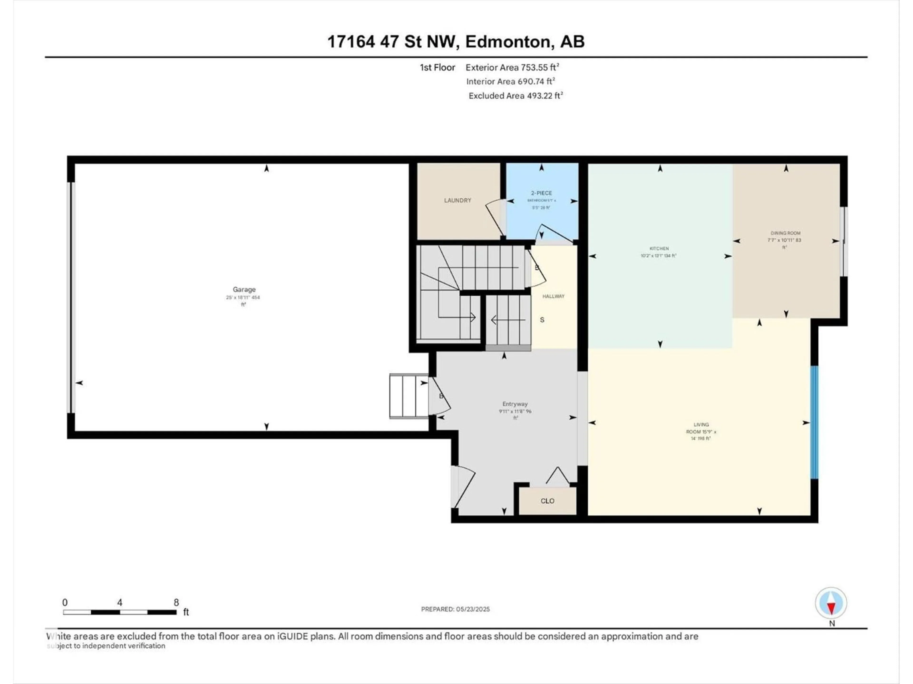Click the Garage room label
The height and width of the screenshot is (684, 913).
244,290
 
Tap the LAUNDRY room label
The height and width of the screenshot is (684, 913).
457,200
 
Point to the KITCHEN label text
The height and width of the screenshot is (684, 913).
659,249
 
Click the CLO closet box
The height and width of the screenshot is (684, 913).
547,501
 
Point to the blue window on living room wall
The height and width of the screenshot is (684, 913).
814,422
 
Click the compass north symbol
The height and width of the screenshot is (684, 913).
831,603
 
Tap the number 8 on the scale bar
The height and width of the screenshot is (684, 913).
176,602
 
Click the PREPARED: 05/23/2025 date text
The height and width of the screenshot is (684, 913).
455,609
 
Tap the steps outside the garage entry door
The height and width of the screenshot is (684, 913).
409,396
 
